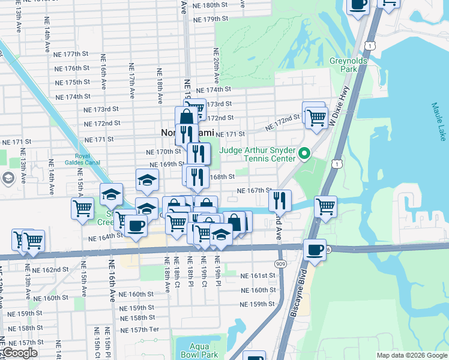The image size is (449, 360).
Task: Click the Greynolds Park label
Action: [x=343, y=65]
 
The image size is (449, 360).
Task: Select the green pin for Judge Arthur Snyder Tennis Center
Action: [x=304, y=154]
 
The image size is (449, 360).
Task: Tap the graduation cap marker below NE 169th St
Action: [x=147, y=180]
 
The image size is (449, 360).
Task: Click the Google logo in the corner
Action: [x=20, y=353]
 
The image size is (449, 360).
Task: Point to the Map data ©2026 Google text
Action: [x=411, y=355]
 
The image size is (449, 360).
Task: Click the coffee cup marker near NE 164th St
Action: [x=136, y=226]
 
